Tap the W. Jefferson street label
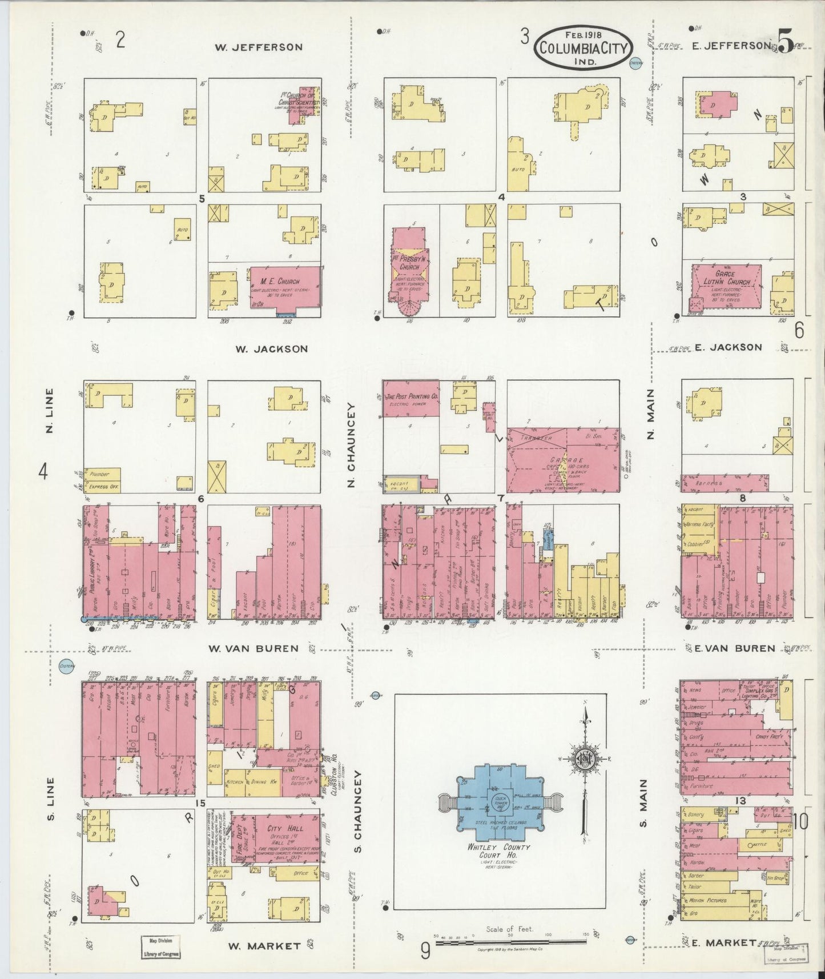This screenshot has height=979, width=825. point(258,47)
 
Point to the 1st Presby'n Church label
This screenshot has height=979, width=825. point(409,263)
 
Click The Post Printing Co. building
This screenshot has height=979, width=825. point(411,398)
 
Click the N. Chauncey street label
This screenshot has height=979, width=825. point(352,446)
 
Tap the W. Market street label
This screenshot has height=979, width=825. point(264,946)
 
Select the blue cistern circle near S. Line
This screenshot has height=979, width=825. point(67,666)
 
